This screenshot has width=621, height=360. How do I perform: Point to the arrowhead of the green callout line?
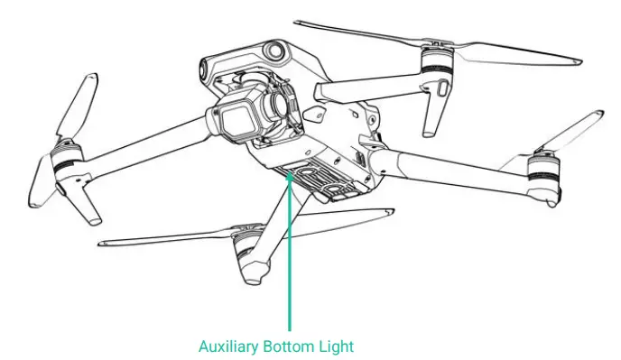pyautogui.click(x=290, y=177)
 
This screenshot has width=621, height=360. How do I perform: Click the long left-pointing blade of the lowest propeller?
pyautogui.click(x=153, y=239)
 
